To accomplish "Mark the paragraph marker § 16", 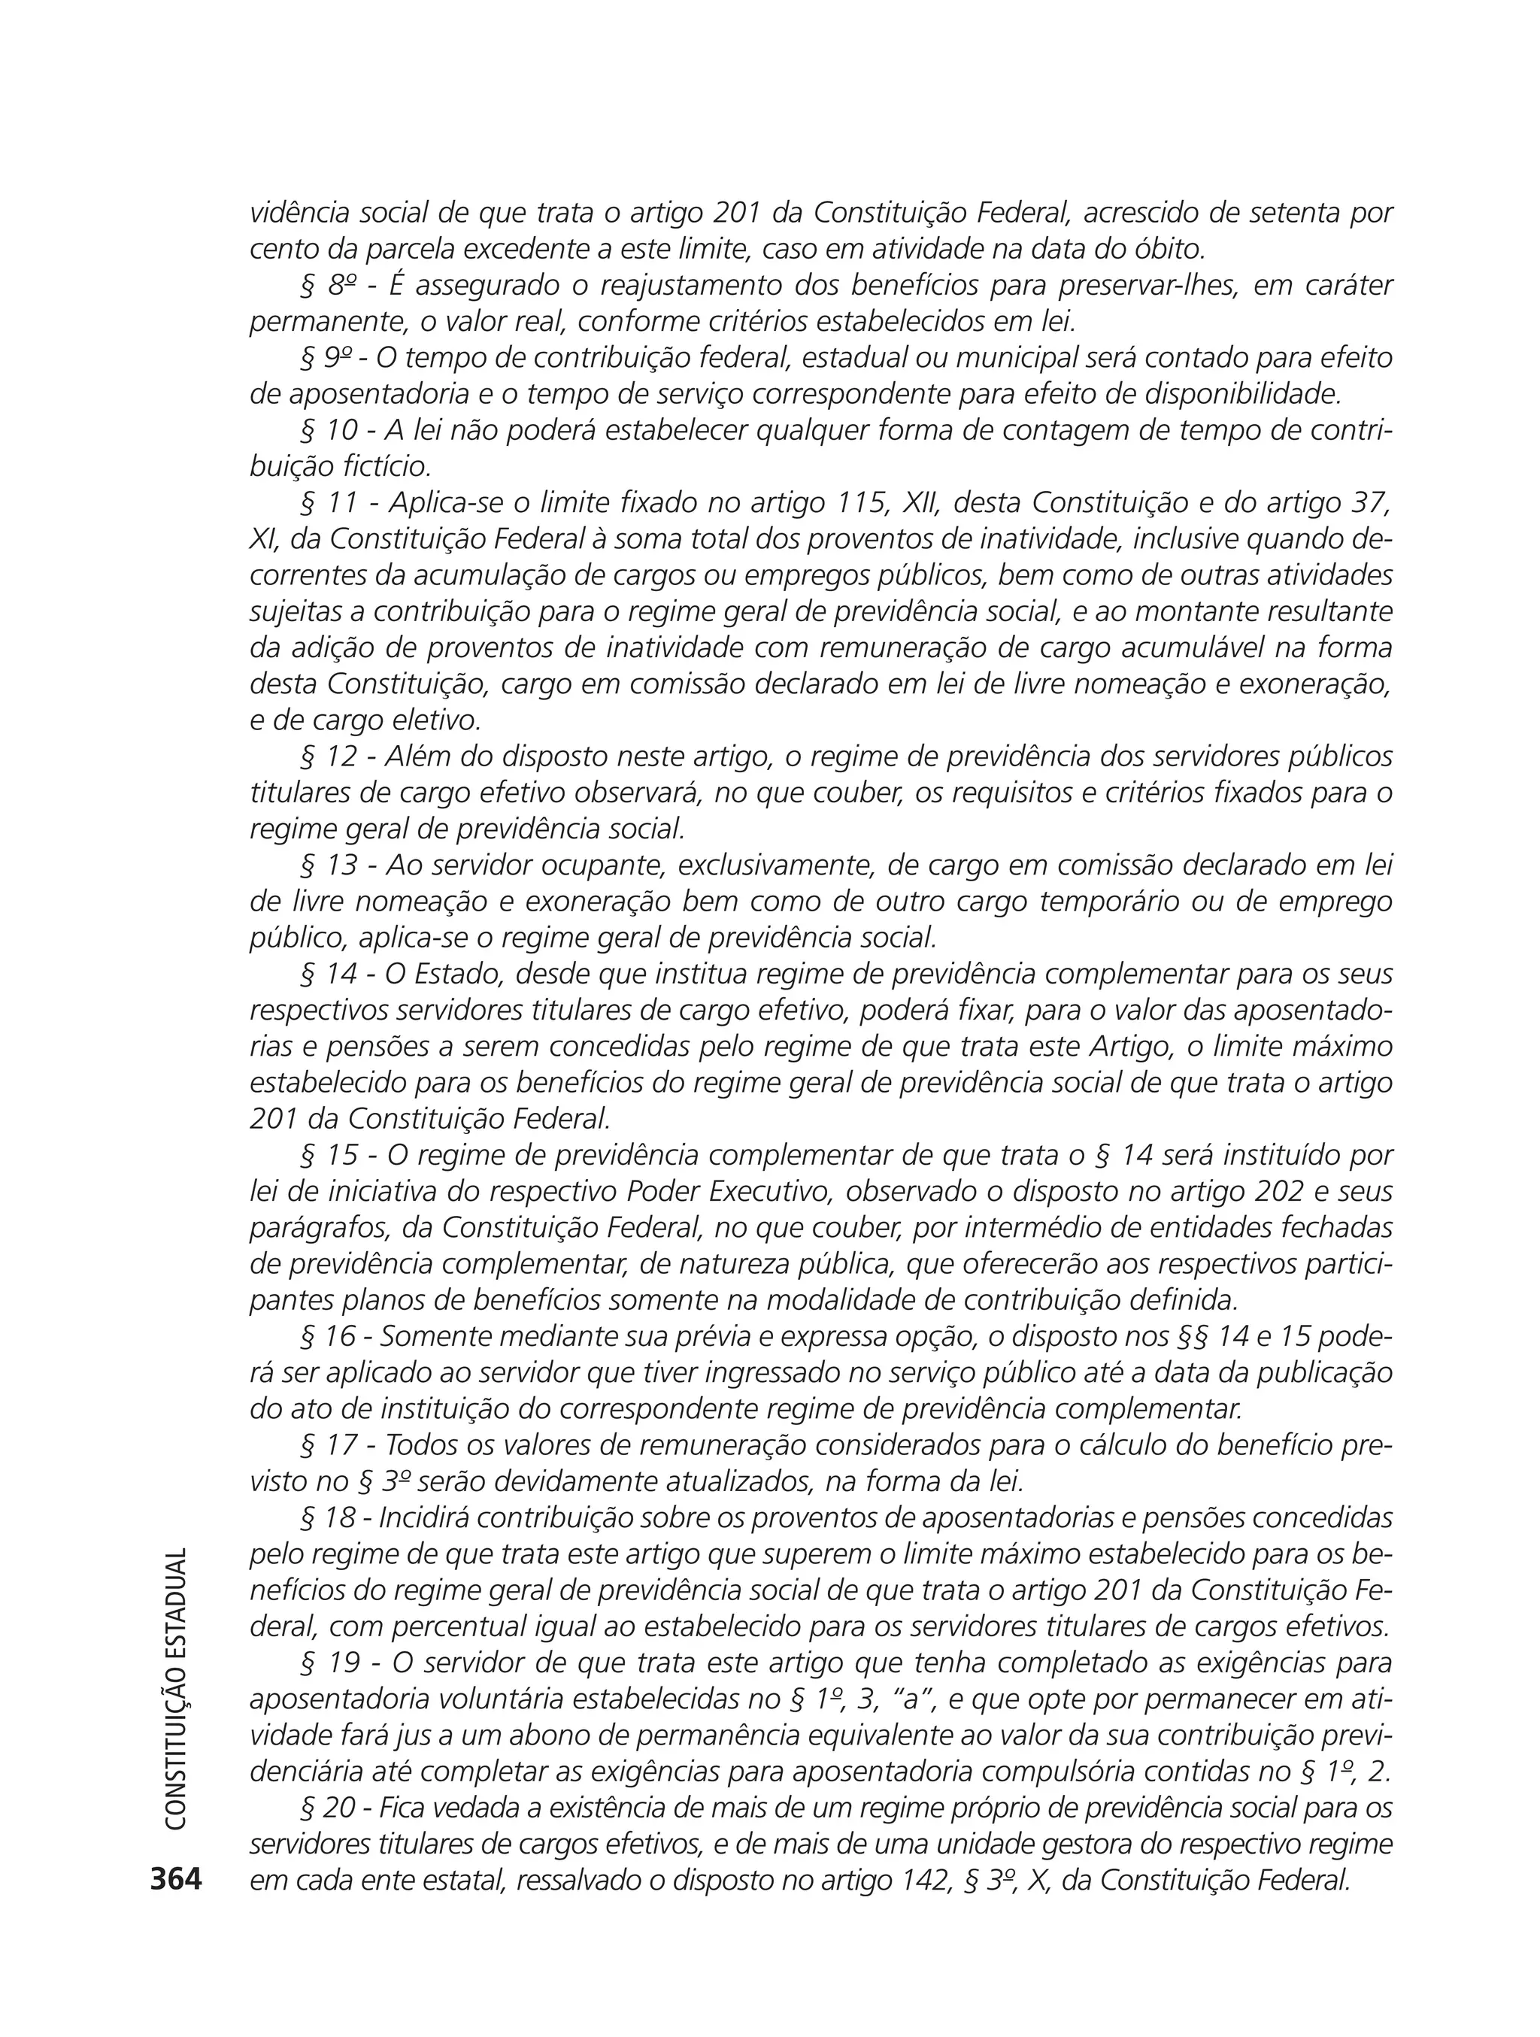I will [330, 1336].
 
